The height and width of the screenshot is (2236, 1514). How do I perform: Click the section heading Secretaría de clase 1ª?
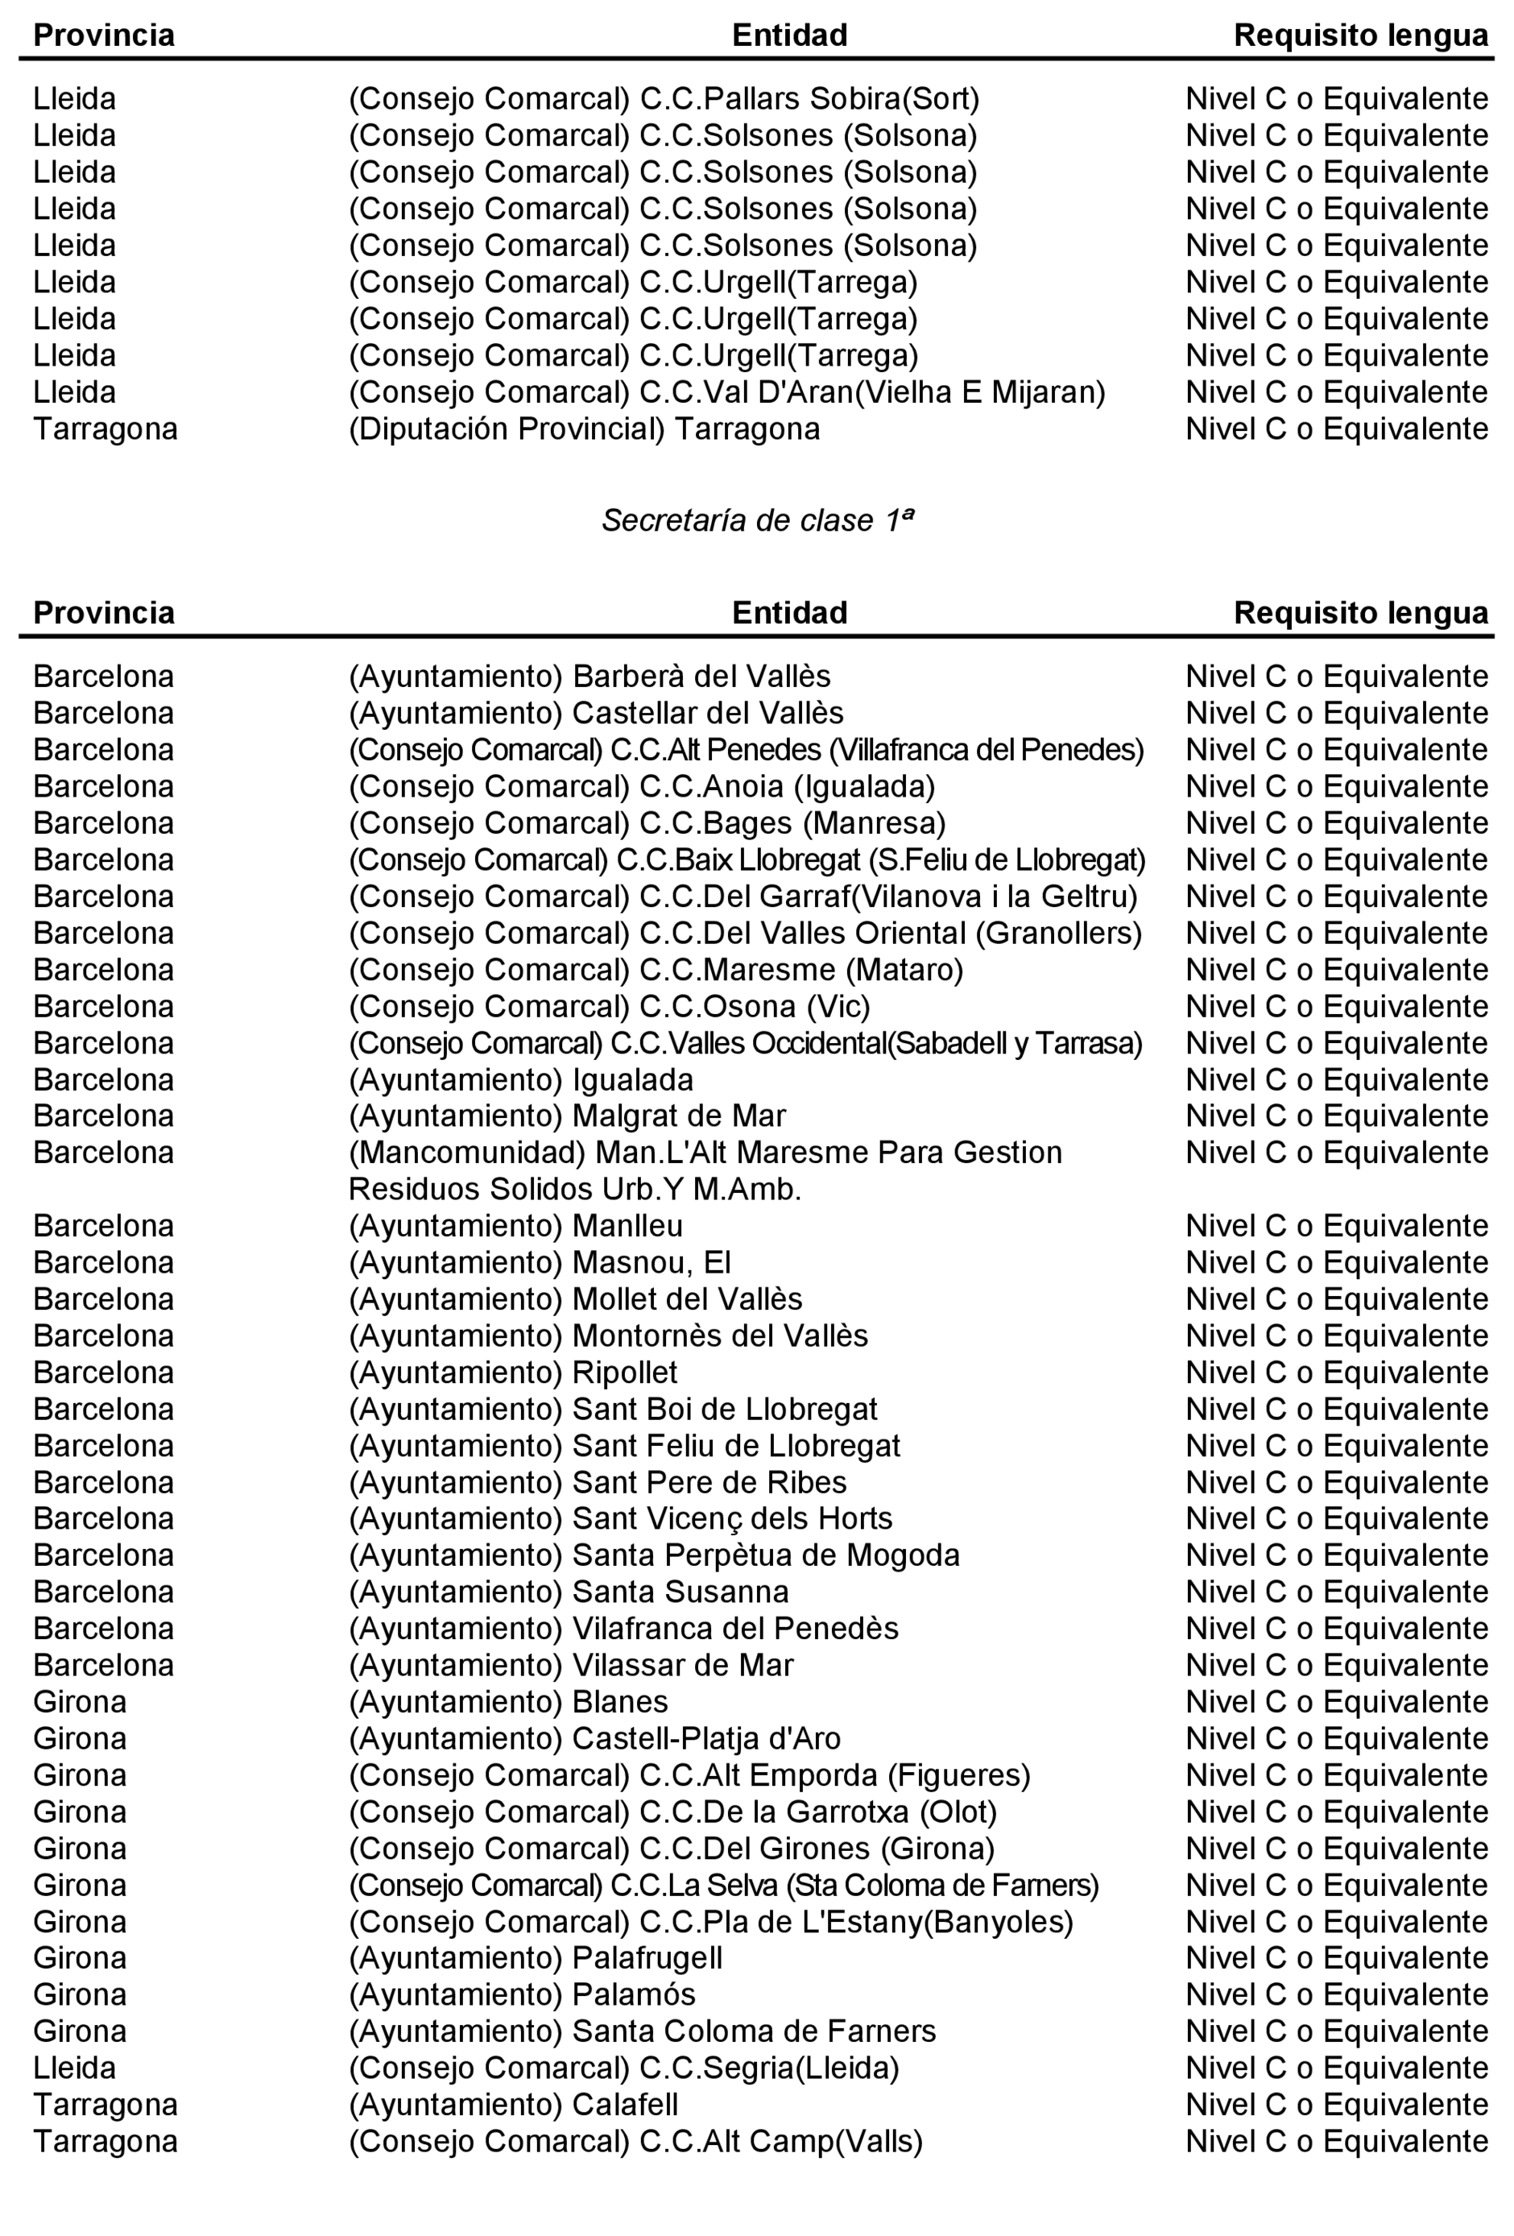[x=757, y=520]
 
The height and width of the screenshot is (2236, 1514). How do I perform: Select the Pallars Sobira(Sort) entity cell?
[x=664, y=99]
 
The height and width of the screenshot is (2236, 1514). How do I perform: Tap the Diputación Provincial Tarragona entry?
[x=584, y=429]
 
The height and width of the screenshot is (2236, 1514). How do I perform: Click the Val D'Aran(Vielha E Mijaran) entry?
[x=726, y=392]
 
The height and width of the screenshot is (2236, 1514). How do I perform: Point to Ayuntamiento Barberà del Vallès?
[x=589, y=677]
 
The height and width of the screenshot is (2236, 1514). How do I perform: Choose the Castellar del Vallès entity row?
[x=595, y=713]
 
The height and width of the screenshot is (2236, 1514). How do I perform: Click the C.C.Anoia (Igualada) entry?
[x=642, y=787]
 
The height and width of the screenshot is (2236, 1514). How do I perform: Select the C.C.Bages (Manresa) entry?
[x=647, y=823]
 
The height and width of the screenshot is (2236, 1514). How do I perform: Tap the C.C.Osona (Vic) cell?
[x=609, y=1006]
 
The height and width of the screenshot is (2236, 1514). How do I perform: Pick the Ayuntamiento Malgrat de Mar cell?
[x=567, y=1116]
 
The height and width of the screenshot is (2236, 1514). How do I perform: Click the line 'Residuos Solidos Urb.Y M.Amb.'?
[x=574, y=1190]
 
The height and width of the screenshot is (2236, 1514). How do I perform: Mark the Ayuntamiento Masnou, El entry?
[x=540, y=1262]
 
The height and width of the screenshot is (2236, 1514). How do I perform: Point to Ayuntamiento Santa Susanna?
[x=569, y=1592]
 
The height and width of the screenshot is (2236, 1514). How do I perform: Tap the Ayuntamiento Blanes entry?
[x=508, y=1701]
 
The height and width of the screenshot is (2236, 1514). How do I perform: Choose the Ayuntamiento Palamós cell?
[x=521, y=1994]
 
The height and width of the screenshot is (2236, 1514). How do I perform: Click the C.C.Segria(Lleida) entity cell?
[x=623, y=2068]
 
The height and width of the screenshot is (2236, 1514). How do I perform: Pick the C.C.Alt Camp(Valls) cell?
[x=635, y=2141]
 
